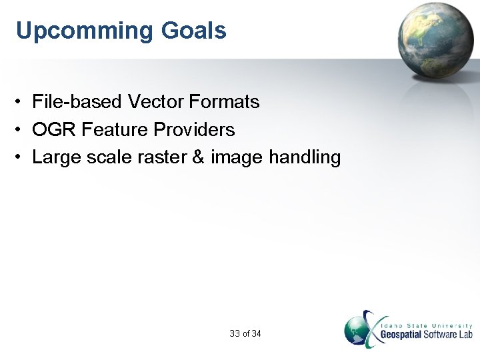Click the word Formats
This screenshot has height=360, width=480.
point(224,102)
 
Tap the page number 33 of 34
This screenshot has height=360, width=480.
point(245,333)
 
